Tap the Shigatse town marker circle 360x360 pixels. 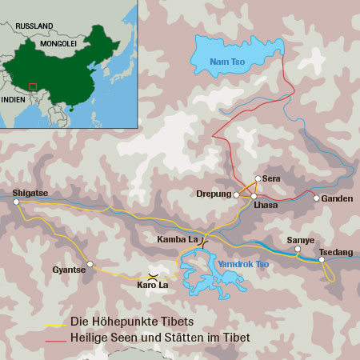[16, 202]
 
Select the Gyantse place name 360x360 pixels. [67, 270]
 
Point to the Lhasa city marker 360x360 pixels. [254, 195]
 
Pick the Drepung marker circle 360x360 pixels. [236, 194]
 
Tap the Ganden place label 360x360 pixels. [338, 198]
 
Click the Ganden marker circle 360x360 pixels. [316, 198]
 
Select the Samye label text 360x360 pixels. [300, 240]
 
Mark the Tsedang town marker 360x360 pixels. [322, 259]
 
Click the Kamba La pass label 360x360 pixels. [178, 239]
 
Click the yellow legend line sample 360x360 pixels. [55, 324]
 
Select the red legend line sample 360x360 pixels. [55, 339]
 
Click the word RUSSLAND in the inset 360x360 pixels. [33, 26]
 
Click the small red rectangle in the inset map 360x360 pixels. [33, 86]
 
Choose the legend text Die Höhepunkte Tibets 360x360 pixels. [132, 322]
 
